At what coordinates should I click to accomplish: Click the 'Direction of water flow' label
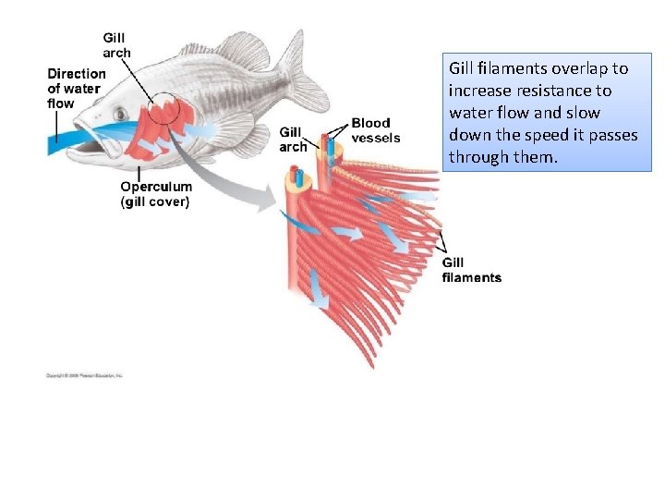(76, 89)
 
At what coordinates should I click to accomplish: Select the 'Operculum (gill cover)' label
(154, 194)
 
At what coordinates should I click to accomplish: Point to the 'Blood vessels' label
(375, 130)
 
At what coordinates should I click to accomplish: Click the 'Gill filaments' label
(471, 270)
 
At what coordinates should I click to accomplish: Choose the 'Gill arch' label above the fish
(116, 45)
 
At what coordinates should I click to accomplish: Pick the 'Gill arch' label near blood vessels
(293, 140)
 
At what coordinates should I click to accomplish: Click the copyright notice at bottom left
(84, 375)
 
